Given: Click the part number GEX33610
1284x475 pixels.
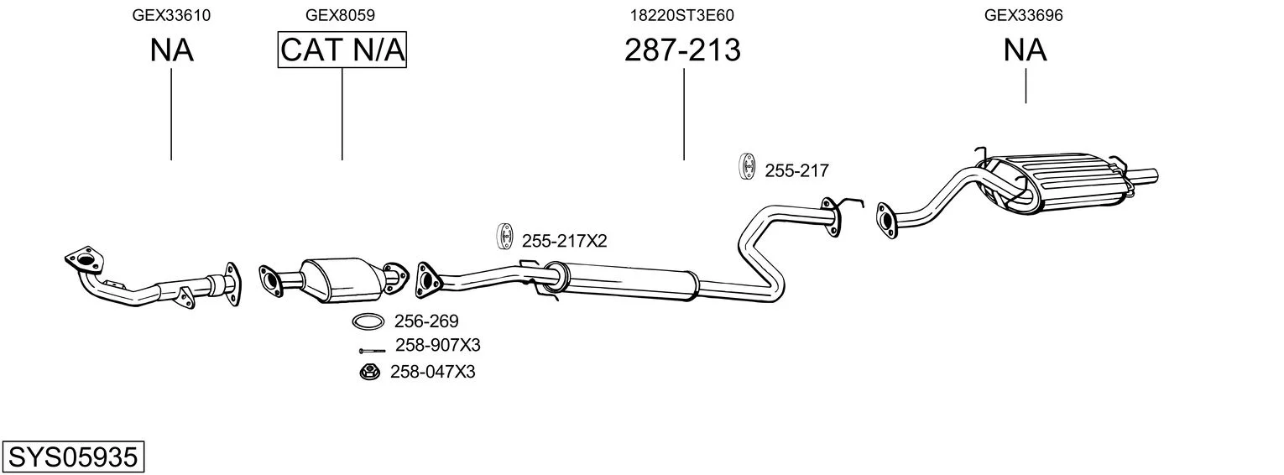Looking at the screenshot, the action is tap(171, 15).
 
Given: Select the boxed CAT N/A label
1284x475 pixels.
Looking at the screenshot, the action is tap(342, 50).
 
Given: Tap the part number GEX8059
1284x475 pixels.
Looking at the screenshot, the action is tap(340, 15).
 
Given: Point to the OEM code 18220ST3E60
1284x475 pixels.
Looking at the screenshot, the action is tap(682, 15).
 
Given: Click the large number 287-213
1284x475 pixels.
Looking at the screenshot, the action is tap(682, 50).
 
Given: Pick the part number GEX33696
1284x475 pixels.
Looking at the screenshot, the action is tap(1024, 15).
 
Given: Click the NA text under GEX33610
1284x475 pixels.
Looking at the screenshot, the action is tap(171, 50).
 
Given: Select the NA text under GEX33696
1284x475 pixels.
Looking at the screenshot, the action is tap(1025, 50).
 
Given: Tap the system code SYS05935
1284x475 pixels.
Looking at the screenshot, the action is tap(73, 457).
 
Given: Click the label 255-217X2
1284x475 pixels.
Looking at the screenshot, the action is tap(564, 241).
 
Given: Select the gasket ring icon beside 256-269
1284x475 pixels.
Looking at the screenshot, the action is tap(368, 321).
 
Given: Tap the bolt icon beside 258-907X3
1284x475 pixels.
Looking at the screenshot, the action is tap(372, 351).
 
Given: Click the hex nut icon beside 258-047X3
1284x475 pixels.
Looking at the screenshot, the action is tap(370, 373).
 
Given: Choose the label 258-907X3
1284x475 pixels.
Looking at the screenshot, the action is tap(438, 345).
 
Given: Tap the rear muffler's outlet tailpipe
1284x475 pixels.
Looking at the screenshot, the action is tap(1141, 176).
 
